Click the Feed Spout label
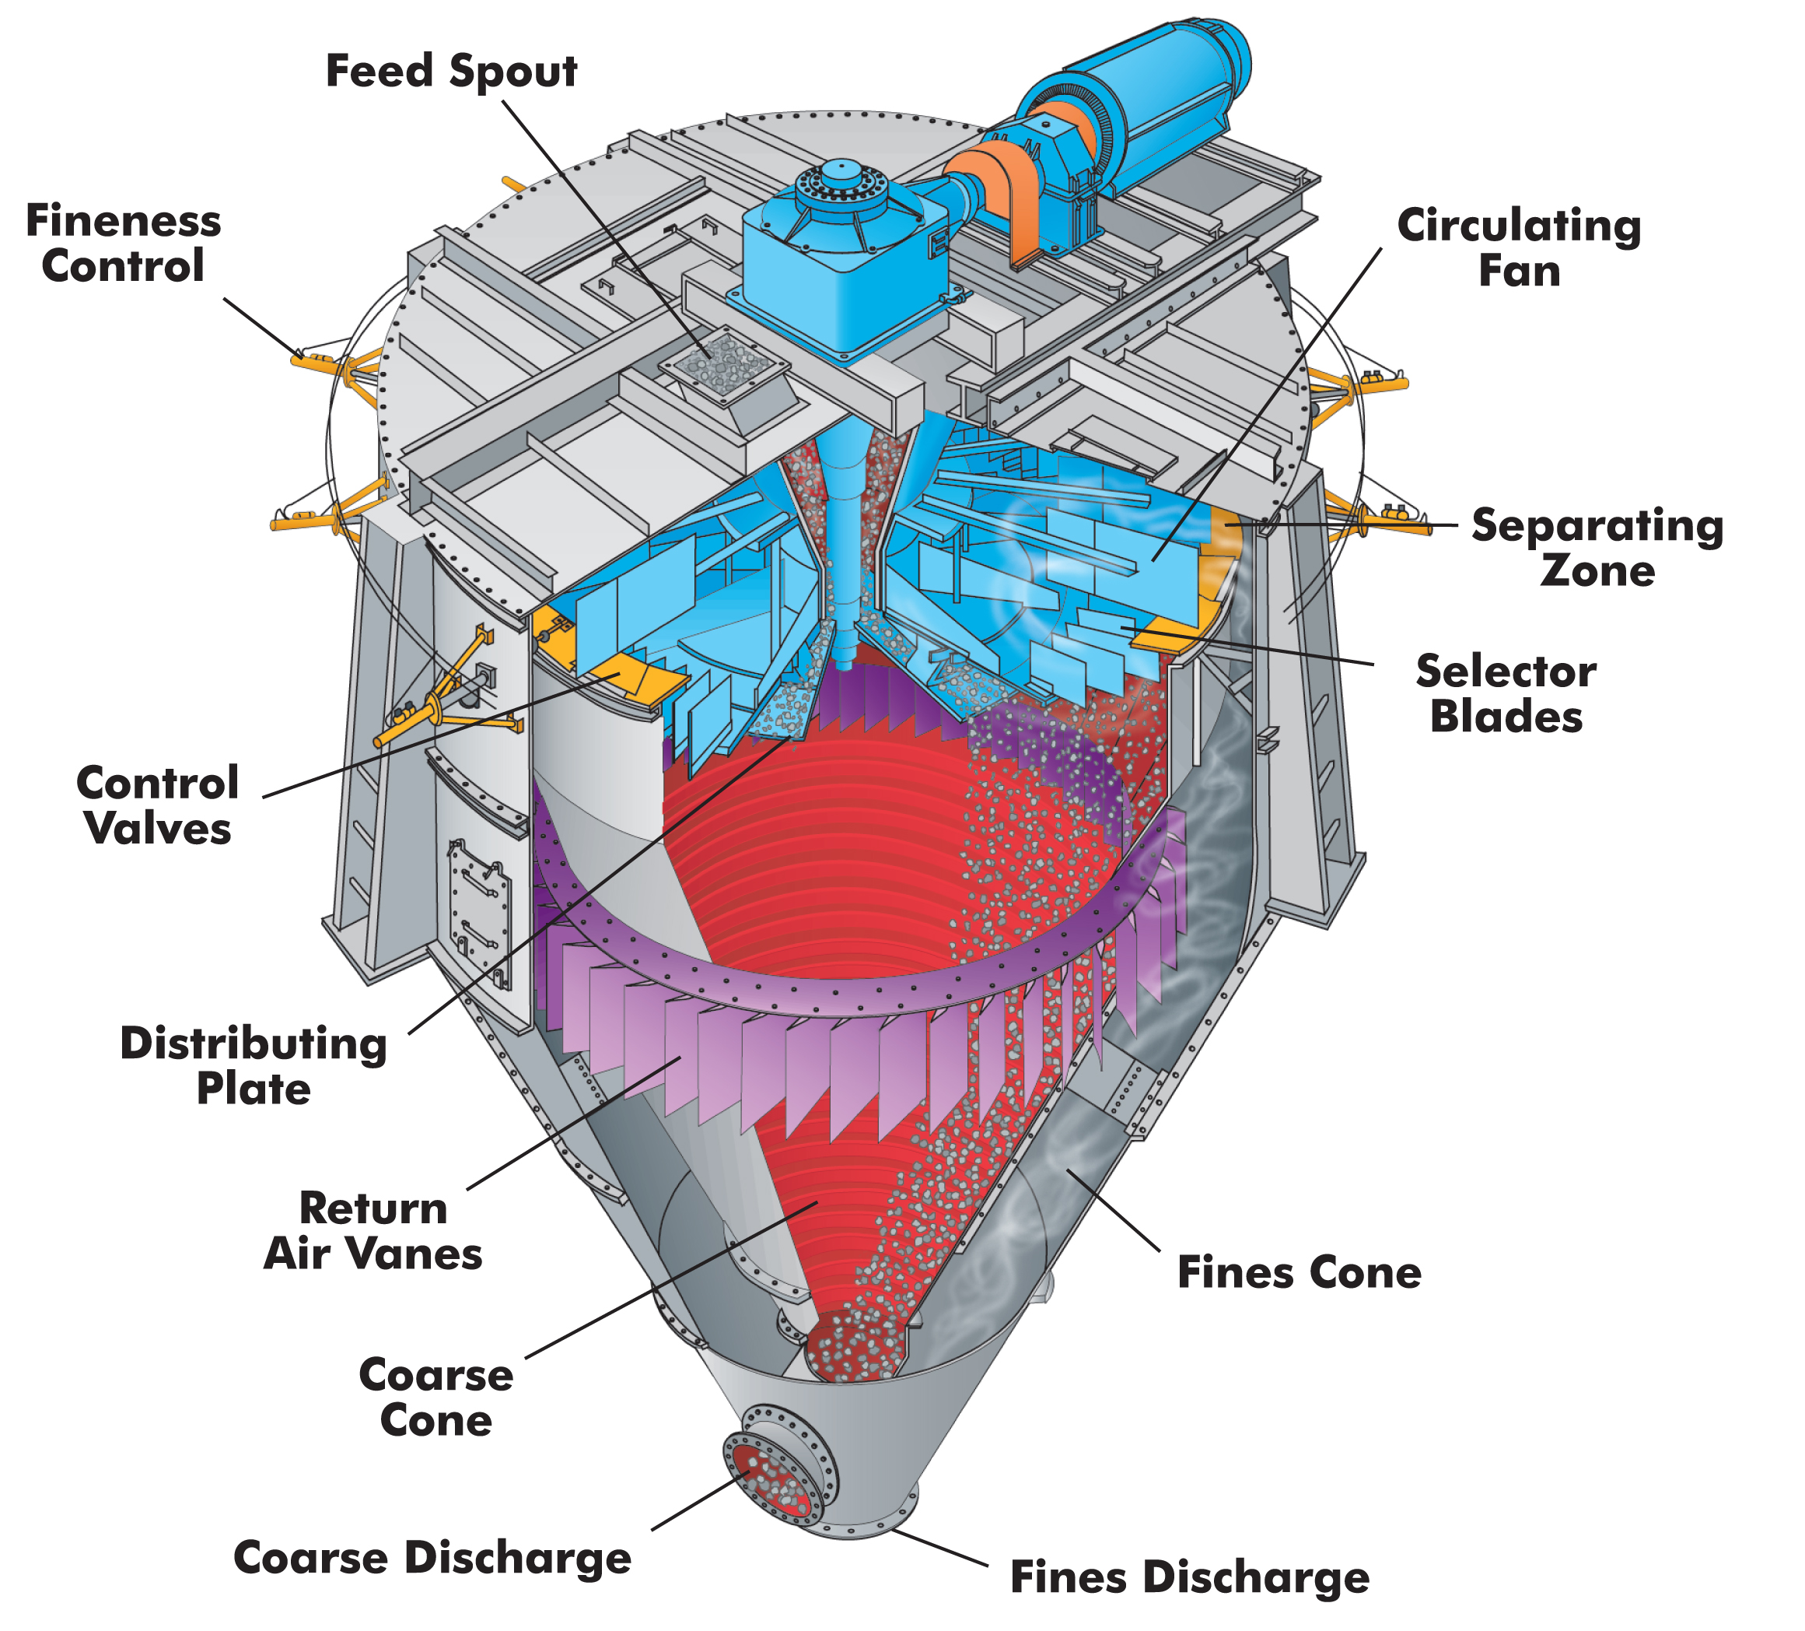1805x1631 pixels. click(451, 72)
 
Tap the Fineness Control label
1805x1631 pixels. click(124, 244)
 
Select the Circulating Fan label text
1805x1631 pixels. click(1519, 248)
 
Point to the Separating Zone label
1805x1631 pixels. click(1597, 548)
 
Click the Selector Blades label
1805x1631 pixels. click(1506, 694)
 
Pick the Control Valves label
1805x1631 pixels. click(158, 806)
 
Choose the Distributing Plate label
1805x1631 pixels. click(254, 1067)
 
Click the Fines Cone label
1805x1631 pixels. click(1298, 1273)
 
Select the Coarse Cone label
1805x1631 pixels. click(436, 1398)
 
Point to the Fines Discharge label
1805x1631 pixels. click(1189, 1577)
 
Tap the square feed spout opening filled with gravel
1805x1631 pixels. click(723, 367)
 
